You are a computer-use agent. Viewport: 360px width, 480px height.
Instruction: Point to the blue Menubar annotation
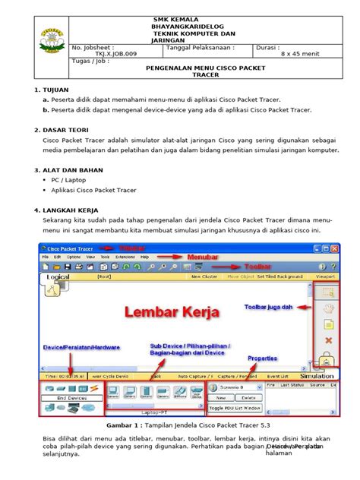pyautogui.click(x=203, y=257)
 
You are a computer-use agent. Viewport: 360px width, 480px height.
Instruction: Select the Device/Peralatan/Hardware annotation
pyautogui.click(x=81, y=347)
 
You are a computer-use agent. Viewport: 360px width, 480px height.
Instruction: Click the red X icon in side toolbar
pyautogui.click(x=329, y=339)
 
